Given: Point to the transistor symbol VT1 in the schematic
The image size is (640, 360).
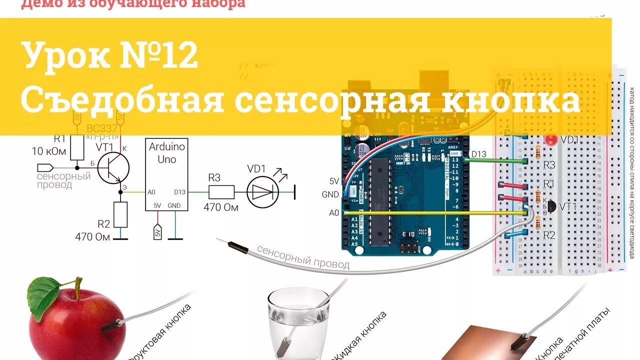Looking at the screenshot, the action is click(113, 168).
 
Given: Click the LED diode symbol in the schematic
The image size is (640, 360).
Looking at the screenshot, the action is click(263, 192).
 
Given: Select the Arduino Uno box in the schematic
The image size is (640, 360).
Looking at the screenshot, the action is click(166, 174).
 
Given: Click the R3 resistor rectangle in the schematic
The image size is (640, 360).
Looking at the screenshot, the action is click(221, 192).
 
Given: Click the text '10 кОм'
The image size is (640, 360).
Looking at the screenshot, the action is click(49, 151).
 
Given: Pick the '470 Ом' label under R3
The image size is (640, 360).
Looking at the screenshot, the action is click(220, 207).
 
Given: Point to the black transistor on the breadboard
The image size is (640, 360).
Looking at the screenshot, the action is click(550, 206).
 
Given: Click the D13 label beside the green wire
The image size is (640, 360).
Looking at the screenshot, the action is click(478, 154).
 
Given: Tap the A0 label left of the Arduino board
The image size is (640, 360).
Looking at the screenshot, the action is click(334, 213).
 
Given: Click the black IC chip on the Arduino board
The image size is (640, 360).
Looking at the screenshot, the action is click(379, 202).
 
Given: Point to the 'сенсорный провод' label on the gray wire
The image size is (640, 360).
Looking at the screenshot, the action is click(303, 256).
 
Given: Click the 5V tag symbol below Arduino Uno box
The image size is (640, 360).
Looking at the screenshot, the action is click(157, 232).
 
